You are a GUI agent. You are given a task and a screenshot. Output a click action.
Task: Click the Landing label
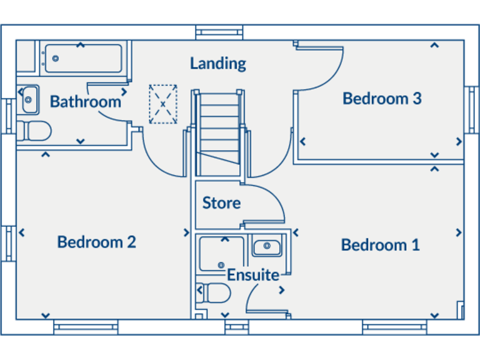pos(218,63)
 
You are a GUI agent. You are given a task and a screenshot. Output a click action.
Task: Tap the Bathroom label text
pos(85,101)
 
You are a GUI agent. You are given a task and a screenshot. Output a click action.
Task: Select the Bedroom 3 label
pos(382,98)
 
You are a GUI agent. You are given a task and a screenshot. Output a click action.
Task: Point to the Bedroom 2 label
pos(96,242)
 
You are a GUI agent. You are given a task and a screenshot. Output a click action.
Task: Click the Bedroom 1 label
pos(380,245)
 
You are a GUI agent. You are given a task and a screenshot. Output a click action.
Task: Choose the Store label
pos(221,203)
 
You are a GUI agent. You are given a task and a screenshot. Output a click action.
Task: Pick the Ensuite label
pos(252,275)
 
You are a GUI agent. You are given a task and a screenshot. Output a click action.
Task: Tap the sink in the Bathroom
pos(28,99)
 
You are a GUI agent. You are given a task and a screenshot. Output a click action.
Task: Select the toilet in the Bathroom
pos(34,131)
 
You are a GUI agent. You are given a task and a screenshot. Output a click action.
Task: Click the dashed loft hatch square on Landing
pos(162,104)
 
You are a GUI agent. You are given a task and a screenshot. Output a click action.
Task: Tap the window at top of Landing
pos(219,32)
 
